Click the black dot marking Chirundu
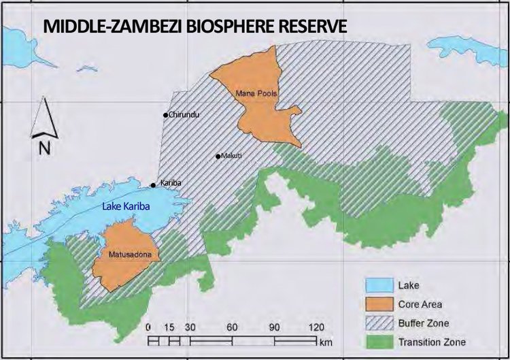165,115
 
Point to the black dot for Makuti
218,157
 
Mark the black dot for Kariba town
154,184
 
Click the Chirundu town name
184,115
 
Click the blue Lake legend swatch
377,287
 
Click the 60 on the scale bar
232,327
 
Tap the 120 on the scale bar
317,327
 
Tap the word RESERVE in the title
309,27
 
